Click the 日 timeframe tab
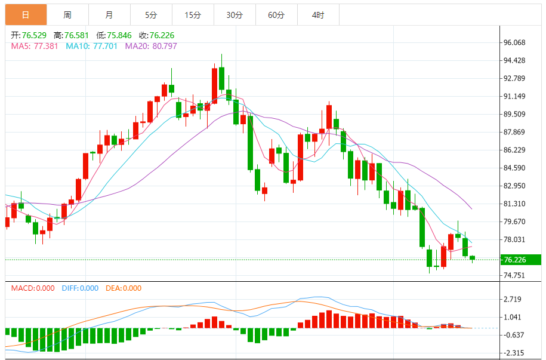(26, 15)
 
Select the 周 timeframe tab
(67, 15)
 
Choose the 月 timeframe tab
(109, 15)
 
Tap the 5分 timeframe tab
(150, 15)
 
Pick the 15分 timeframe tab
(192, 15)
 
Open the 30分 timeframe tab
(235, 15)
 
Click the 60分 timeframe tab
(276, 15)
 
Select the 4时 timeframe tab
(318, 15)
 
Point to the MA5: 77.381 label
(35, 46)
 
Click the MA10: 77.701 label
(92, 46)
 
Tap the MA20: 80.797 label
(151, 46)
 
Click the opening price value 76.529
(35, 36)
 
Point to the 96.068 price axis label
(514, 42)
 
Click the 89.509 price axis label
(514, 114)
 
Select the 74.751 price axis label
(514, 275)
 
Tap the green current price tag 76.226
(520, 260)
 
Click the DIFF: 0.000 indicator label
(80, 288)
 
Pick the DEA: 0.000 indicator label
(124, 288)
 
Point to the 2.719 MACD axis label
(513, 299)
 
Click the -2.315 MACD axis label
(513, 353)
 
